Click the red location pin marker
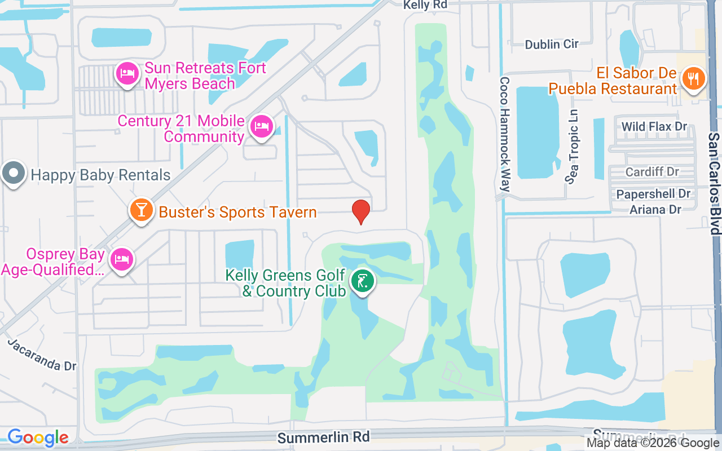[x=361, y=212]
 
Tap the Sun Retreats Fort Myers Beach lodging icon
[x=127, y=74]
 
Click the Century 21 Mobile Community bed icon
[x=261, y=126]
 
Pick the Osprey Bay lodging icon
[x=121, y=259]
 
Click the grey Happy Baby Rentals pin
[x=14, y=174]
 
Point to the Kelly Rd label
[x=424, y=5]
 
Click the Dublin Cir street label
[x=552, y=44]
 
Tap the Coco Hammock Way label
[x=505, y=134]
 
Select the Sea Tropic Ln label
[x=574, y=147]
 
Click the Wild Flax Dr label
[x=654, y=126]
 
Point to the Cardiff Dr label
[x=652, y=171]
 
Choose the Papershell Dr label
[x=653, y=194]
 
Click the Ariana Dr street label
[x=656, y=209]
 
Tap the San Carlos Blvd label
[x=714, y=184]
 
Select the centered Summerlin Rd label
[x=324, y=437]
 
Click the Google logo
[x=38, y=437]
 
